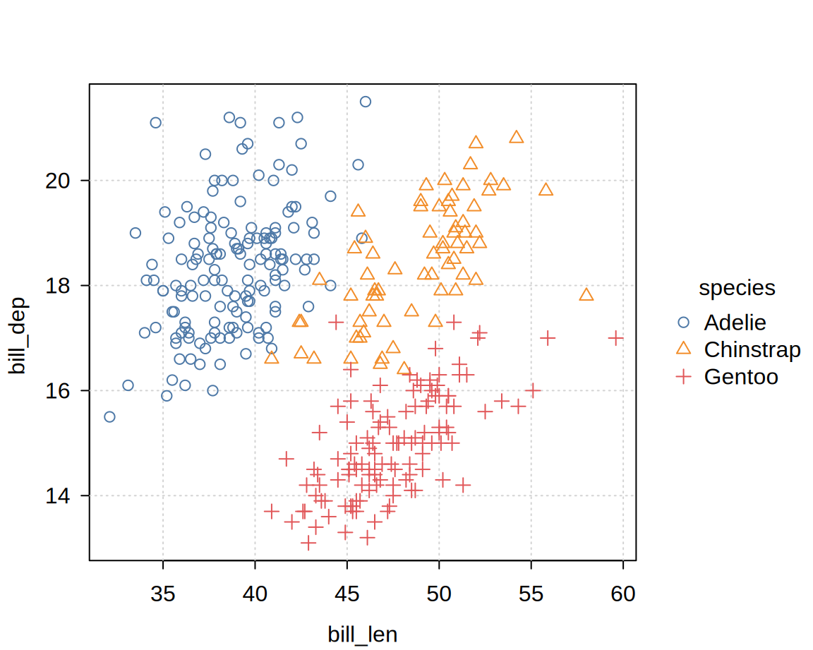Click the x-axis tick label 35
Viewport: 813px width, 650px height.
coord(163,594)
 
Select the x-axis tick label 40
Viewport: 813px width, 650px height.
coord(255,594)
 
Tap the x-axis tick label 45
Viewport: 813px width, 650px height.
coord(347,594)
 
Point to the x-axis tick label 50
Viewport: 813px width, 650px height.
coord(439,594)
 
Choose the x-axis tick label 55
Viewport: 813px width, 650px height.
coord(531,594)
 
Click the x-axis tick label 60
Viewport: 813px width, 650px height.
coord(623,594)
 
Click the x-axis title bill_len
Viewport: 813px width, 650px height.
coord(363,634)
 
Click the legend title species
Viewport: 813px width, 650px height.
coord(737,288)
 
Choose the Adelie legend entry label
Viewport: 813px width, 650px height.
coord(735,323)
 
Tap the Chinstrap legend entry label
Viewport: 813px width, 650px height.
coord(752,350)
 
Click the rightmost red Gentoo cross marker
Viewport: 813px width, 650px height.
coord(616,338)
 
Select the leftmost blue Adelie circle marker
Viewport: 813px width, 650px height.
coord(109,416)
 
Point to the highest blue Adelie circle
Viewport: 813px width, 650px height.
coord(366,102)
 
